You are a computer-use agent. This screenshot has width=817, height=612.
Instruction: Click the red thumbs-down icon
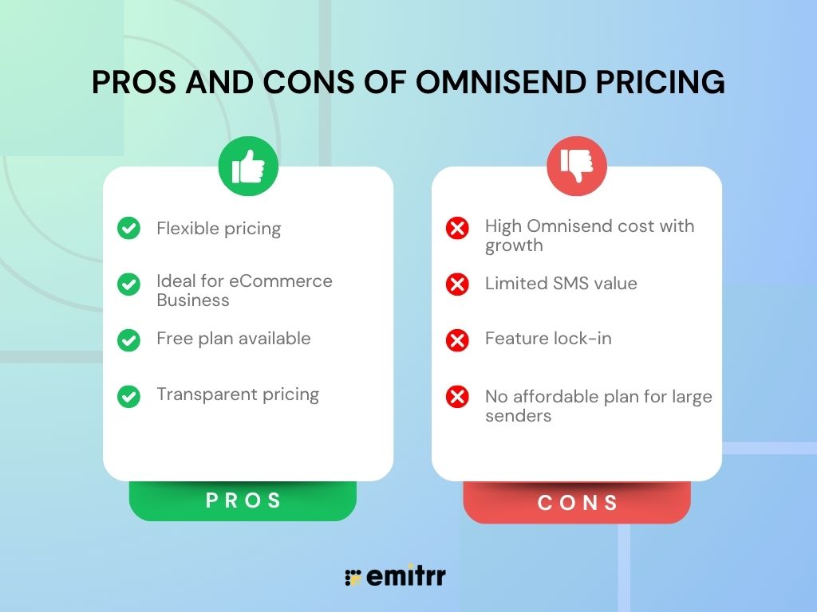point(577,166)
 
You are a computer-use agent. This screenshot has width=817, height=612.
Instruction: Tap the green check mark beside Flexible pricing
point(128,229)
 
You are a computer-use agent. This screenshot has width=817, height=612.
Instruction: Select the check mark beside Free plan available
point(128,339)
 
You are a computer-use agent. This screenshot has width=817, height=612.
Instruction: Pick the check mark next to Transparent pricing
point(128,396)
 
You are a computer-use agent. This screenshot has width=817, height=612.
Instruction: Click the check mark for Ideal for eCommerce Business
point(128,284)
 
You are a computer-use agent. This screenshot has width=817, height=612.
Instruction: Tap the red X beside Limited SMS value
point(457,284)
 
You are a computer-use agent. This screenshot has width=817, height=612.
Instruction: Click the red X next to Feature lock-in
point(457,340)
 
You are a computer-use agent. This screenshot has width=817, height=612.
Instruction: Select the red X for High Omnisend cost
point(457,229)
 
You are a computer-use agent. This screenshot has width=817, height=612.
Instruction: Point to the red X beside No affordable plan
point(457,397)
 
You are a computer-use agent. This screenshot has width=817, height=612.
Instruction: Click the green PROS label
point(243,500)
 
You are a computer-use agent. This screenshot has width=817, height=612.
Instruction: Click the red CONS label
point(578,503)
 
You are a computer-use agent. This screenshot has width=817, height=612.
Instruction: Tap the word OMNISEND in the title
point(481,83)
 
